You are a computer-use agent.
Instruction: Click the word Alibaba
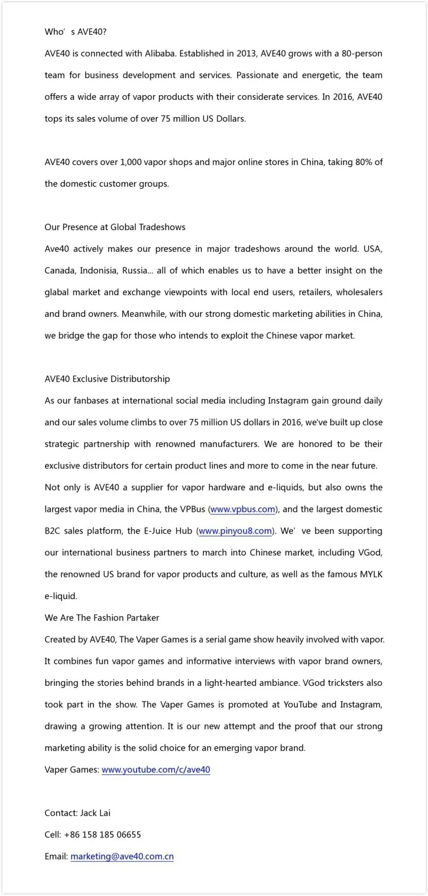tap(160, 54)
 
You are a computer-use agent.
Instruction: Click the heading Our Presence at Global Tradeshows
tap(115, 227)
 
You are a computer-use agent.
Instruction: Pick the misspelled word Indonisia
tap(98, 271)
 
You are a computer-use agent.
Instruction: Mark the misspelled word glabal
tap(58, 292)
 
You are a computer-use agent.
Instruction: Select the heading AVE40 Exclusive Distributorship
tap(107, 379)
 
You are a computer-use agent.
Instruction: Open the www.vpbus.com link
tap(243, 509)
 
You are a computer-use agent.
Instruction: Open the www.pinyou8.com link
tap(235, 531)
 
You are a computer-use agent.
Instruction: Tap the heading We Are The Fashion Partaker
tap(102, 618)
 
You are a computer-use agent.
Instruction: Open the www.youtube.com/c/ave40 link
tap(156, 770)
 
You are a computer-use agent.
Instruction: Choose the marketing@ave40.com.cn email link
tap(122, 856)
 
